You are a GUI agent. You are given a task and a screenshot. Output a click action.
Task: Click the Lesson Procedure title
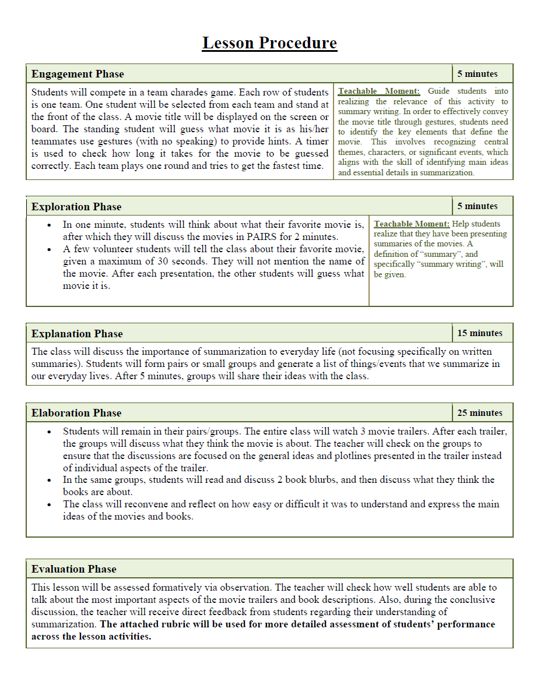[x=269, y=43]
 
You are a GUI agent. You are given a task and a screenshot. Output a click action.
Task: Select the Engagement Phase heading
[x=78, y=74]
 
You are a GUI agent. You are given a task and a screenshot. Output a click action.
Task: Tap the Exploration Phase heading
[x=76, y=207]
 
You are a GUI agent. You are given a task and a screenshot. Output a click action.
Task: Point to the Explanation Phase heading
[x=77, y=334]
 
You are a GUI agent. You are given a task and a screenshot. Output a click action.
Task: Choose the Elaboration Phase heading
[x=76, y=413]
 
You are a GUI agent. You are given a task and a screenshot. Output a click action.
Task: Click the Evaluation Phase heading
[x=74, y=569]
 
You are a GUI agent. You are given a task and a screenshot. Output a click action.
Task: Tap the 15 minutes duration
[x=479, y=333]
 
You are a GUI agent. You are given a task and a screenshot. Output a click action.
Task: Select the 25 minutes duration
[x=479, y=413]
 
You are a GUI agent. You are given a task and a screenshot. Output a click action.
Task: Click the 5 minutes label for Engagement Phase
[x=477, y=74]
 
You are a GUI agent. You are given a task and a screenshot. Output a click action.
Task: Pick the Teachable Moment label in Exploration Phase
[x=412, y=224]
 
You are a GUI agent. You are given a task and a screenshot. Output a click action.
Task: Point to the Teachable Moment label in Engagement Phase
[x=379, y=91]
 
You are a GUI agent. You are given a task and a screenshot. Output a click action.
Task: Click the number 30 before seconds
[x=198, y=261]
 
